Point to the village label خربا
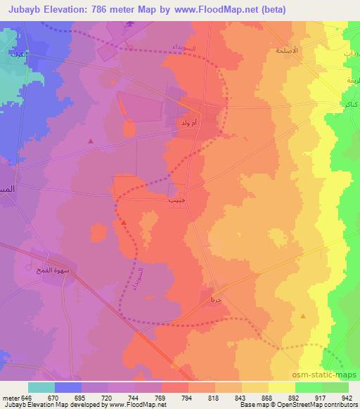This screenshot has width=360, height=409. click(216, 299)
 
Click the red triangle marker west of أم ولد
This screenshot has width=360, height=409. click(91, 141)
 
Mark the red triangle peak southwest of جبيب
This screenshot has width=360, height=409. click(124, 222)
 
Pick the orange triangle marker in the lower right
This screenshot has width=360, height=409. click(303, 317)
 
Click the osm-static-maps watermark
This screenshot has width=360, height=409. click(328, 375)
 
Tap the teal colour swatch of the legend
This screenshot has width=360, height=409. click(41, 387)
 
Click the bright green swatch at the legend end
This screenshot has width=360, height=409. click(335, 387)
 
